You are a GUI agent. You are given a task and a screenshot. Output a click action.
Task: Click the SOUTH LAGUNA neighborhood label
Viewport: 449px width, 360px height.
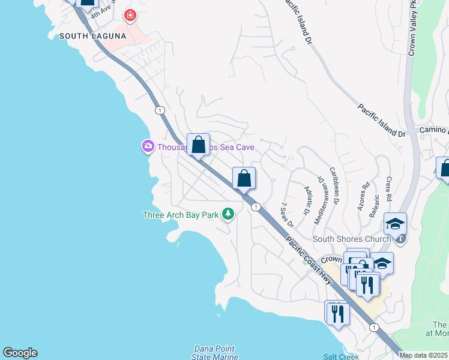pyautogui.click(x=92, y=36)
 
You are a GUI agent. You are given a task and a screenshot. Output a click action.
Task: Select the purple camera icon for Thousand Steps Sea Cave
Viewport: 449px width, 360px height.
pyautogui.click(x=147, y=146)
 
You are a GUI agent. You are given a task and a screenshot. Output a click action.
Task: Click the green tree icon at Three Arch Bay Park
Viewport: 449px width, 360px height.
pyautogui.click(x=228, y=214)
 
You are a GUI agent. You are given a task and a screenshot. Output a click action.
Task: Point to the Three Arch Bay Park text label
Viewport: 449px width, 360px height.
pyautogui.click(x=180, y=214)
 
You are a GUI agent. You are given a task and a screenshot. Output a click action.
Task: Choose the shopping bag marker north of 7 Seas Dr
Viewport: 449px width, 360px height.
pyautogui.click(x=244, y=179)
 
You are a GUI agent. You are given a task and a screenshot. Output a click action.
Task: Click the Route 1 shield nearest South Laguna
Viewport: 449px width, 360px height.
pyautogui.click(x=159, y=110)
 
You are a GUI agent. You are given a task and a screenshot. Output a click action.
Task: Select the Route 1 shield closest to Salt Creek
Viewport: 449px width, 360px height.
pyautogui.click(x=375, y=327)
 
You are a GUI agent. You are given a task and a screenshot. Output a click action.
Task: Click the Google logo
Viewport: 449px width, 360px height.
pyautogui.click(x=20, y=353)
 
